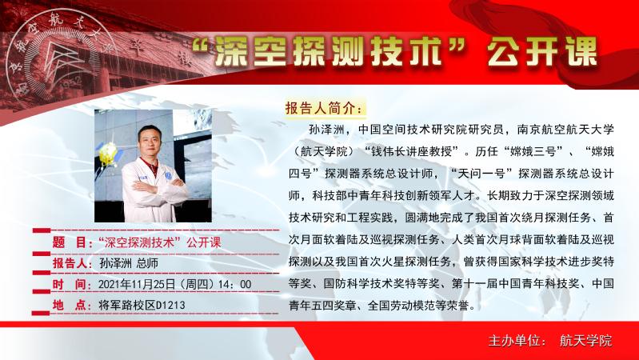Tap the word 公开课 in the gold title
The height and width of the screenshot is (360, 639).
click(x=542, y=52)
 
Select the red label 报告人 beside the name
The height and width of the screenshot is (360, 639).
click(x=70, y=263)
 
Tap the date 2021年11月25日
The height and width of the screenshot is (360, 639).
click(x=137, y=284)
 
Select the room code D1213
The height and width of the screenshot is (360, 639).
click(x=171, y=306)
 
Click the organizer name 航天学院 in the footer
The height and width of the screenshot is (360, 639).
click(x=586, y=341)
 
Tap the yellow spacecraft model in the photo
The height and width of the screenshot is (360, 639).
click(x=108, y=155)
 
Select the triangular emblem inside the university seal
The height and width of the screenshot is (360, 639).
click(x=60, y=60)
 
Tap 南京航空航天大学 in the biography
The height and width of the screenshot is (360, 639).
click(x=565, y=130)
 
